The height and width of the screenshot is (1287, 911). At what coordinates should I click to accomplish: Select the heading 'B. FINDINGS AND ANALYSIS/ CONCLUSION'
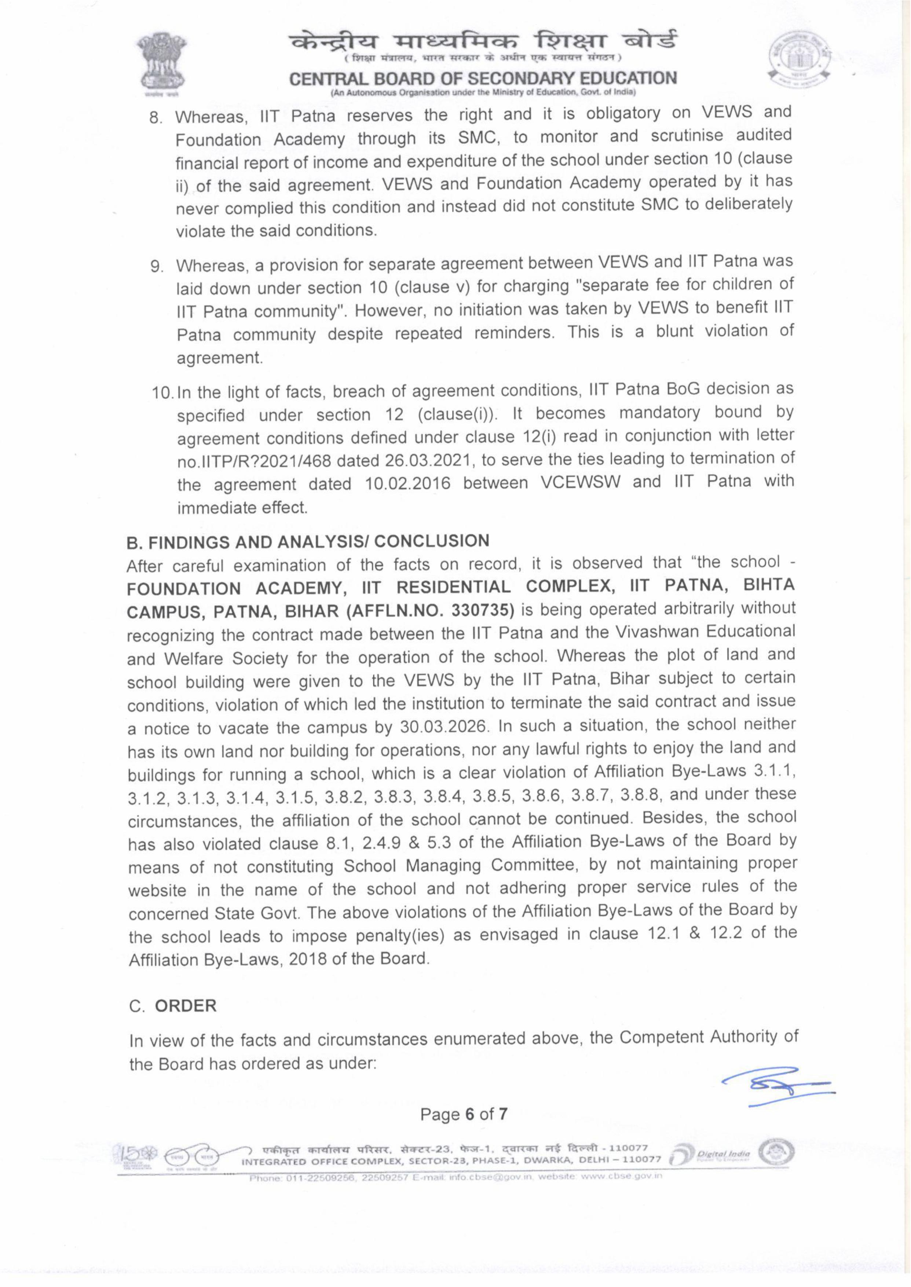pyautogui.click(x=308, y=541)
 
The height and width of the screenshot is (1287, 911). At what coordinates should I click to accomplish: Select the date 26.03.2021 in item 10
pyautogui.click(x=430, y=461)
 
